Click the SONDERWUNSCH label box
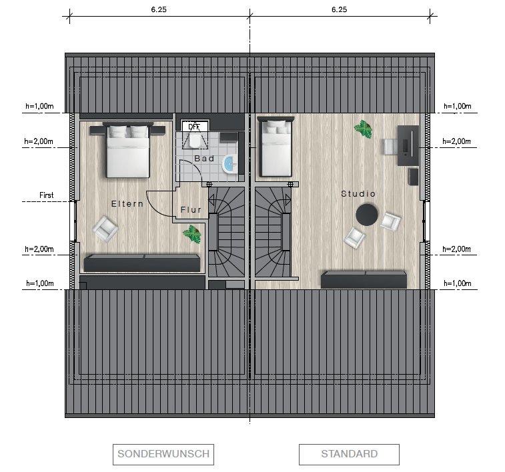[163, 454]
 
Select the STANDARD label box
[349, 454]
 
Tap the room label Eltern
[127, 203]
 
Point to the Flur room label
[191, 210]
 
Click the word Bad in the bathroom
[204, 158]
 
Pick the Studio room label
[358, 194]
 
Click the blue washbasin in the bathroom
[230, 165]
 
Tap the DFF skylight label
[194, 127]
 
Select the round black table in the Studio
[367, 215]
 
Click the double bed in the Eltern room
[128, 150]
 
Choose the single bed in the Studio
[276, 147]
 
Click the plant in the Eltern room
[192, 234]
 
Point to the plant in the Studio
[364, 129]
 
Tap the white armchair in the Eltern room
[105, 229]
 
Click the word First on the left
[47, 195]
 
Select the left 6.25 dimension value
[159, 9]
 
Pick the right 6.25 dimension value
[339, 9]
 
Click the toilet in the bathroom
[195, 140]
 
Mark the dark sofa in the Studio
[364, 279]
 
